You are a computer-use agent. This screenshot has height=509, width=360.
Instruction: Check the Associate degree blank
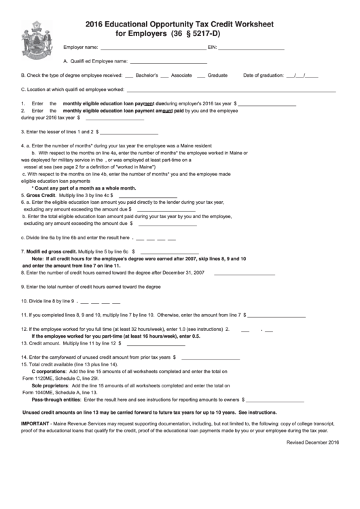coord(165,76)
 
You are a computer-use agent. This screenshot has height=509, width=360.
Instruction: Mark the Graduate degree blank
coord(200,76)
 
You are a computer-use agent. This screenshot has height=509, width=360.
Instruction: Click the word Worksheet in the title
coord(248,22)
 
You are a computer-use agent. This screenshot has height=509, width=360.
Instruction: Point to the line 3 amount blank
coord(129,132)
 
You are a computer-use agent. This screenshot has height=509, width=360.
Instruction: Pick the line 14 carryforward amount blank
coord(210,357)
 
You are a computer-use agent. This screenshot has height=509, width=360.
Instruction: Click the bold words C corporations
coord(48,372)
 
